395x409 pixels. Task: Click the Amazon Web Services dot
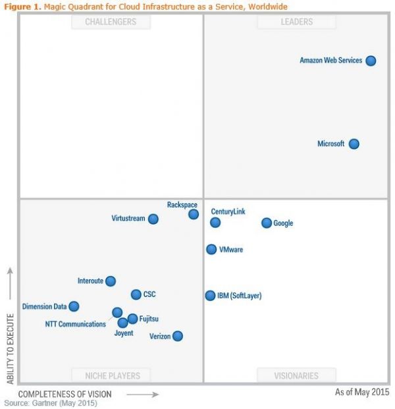point(371,61)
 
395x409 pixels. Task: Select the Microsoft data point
point(354,144)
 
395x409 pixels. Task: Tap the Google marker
point(267,223)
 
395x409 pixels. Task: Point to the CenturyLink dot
point(215,223)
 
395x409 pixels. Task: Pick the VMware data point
point(211,250)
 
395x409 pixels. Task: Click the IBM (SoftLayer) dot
point(210,296)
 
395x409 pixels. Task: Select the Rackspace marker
point(194,214)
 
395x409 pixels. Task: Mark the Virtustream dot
point(153,219)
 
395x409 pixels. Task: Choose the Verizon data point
point(177,336)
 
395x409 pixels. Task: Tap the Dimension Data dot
point(74,306)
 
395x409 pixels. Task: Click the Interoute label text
point(90,281)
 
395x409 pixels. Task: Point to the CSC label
point(149,294)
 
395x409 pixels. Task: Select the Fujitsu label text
point(149,319)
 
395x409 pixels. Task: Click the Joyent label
point(123,333)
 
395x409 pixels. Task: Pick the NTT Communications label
point(75,324)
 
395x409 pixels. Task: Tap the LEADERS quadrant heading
point(296,22)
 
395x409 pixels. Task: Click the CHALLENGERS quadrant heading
point(111,22)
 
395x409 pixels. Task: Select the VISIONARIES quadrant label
point(296,376)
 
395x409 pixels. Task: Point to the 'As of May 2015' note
point(361,392)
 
